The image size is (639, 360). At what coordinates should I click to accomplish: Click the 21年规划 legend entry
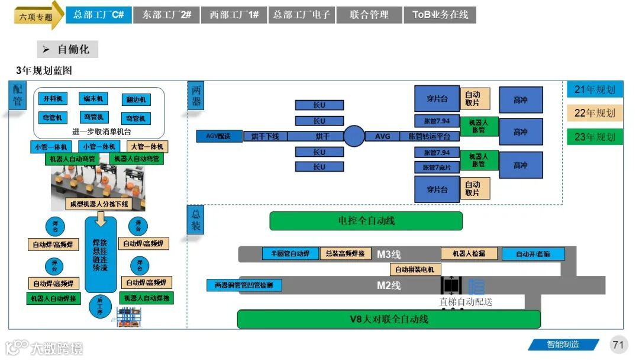tap(595, 90)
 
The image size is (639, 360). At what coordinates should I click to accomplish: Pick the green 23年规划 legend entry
tap(595, 137)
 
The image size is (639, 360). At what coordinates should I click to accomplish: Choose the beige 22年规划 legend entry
tap(595, 113)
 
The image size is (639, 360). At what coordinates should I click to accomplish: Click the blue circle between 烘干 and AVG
tap(354, 136)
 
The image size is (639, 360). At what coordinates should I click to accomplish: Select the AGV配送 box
tap(220, 137)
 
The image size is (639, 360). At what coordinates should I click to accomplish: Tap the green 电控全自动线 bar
tap(366, 221)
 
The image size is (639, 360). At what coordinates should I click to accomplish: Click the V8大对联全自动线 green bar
tap(389, 319)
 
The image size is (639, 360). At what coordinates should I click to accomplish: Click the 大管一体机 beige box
tap(146, 147)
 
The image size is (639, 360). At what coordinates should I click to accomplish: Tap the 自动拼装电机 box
tap(415, 269)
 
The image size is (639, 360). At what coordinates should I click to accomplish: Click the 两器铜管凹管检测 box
tap(244, 285)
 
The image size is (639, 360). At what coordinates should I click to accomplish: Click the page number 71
tap(619, 345)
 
